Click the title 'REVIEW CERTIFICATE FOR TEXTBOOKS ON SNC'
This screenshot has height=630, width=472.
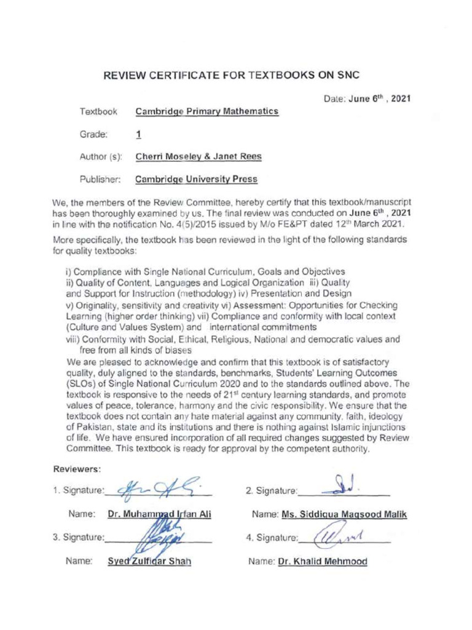pos(230,76)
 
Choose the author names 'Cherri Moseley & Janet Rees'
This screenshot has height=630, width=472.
pos(198,156)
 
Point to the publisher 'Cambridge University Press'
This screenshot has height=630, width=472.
pos(196,180)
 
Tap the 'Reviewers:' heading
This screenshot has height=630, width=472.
pos(77,469)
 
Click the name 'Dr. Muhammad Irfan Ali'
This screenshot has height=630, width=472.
pos(159,514)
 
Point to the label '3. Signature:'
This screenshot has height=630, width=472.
pos(79,537)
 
